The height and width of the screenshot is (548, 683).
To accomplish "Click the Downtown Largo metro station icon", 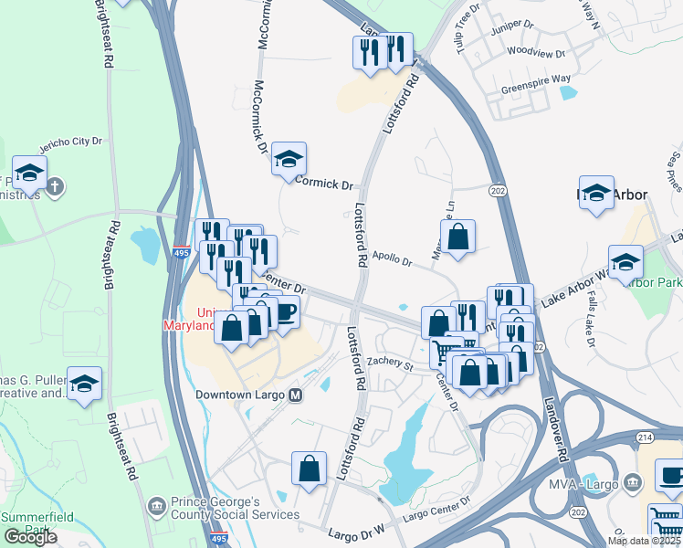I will [x=295, y=395].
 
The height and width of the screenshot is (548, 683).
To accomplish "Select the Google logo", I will [x=30, y=537].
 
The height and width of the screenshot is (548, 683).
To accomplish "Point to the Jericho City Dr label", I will [x=70, y=144].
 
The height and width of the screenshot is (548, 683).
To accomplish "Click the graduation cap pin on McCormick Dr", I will [x=289, y=160].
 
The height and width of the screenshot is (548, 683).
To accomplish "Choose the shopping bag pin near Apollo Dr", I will [x=458, y=237].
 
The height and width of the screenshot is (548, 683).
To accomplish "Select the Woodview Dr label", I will [x=530, y=53].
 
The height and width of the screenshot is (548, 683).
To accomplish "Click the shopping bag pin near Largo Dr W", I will [x=310, y=469].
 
